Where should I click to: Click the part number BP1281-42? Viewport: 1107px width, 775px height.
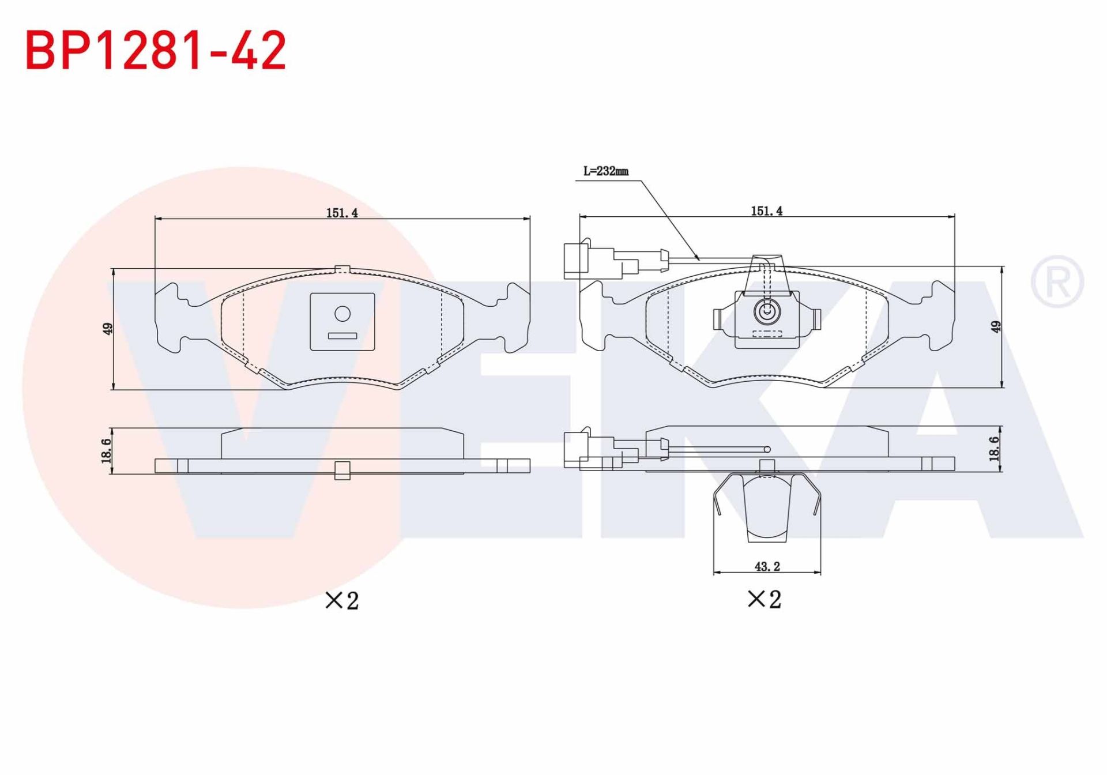point(156,51)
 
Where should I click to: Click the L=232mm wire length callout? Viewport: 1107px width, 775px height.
point(605,171)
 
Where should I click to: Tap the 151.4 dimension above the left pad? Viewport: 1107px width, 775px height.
point(342,213)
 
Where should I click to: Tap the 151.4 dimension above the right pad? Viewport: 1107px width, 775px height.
point(766,211)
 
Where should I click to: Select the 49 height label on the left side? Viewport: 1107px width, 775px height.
point(107,329)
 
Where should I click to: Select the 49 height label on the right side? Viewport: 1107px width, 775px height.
point(996,326)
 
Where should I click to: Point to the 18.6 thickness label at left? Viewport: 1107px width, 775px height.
point(106,450)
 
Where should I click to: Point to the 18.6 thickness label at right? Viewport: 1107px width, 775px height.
point(994,449)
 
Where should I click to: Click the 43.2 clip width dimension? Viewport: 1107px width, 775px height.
point(767,567)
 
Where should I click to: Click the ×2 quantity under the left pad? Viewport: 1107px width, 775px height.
point(342,600)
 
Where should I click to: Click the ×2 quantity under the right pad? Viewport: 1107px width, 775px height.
point(764,599)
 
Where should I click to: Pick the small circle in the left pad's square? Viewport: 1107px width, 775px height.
point(342,314)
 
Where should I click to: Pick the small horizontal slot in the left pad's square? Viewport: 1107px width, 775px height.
point(342,336)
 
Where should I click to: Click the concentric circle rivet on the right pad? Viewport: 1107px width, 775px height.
point(767,312)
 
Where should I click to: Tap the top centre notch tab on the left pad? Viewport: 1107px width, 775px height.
point(342,269)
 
